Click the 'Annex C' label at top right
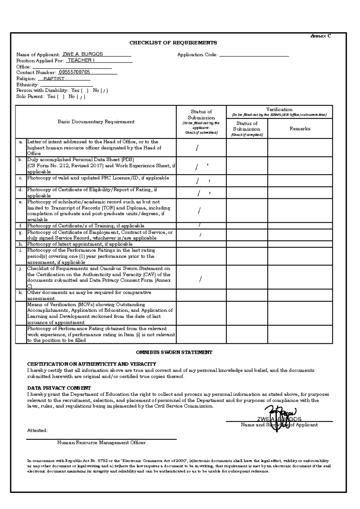pos(320,36)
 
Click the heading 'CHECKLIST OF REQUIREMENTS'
pos(173,43)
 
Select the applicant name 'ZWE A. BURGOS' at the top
pos(82,54)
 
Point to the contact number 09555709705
pos(74,72)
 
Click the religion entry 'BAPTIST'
pos(54,79)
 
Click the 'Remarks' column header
pos(300,128)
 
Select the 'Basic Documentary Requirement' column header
pos(96,122)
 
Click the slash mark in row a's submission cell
pos(197,148)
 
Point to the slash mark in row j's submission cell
pos(200,279)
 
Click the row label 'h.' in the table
pos(21,244)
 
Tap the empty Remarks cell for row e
pos(300,210)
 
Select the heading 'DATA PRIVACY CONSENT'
pos(59,388)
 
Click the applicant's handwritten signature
pos(279,417)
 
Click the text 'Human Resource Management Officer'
pos(101,443)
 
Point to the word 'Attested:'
pos(37,430)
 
